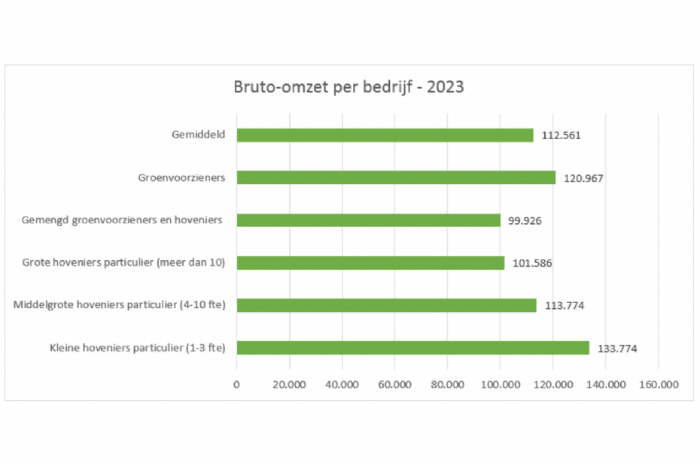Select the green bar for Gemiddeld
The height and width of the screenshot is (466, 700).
pyautogui.click(x=385, y=135)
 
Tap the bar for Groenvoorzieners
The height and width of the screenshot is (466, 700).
pyautogui.click(x=396, y=177)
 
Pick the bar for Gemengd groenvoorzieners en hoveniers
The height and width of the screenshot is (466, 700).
pyautogui.click(x=368, y=220)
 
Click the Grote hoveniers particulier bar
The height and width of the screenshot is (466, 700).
pyautogui.click(x=370, y=263)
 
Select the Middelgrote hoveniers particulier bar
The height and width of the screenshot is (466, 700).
pyautogui.click(x=386, y=305)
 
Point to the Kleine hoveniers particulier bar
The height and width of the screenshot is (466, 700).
pyautogui.click(x=412, y=348)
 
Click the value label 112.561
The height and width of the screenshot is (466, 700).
pyautogui.click(x=562, y=136)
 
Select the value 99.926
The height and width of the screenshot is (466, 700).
pyautogui.click(x=526, y=221)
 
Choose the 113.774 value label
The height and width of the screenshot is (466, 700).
pyautogui.click(x=565, y=306)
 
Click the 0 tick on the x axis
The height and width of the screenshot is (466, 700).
pyautogui.click(x=236, y=384)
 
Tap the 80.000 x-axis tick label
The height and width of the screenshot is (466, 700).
pyautogui.click(x=447, y=384)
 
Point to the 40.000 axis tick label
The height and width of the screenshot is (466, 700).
pyautogui.click(x=342, y=384)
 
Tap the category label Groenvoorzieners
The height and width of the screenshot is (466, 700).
pyautogui.click(x=183, y=178)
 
